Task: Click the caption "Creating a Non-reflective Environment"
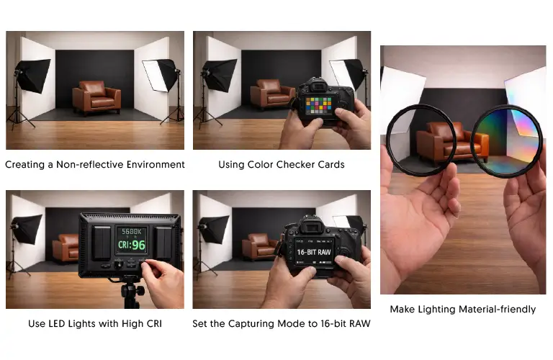click(x=95, y=165)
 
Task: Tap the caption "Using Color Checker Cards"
click(x=282, y=165)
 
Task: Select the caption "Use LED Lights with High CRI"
click(x=95, y=324)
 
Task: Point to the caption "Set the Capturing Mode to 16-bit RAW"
click(x=282, y=324)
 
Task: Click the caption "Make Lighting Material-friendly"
click(x=463, y=310)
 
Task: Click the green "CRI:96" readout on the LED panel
click(x=131, y=245)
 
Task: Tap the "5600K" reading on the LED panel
click(x=130, y=231)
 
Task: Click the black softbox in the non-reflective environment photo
click(x=32, y=75)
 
